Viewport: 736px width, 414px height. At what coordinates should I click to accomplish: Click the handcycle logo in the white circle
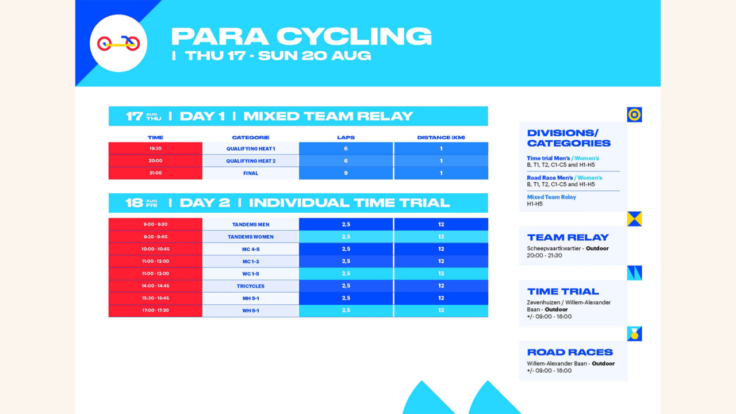pos(118,43)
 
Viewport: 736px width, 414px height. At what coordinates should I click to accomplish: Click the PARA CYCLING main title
pos(301,36)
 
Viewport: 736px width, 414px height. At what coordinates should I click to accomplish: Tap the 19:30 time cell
pos(155,148)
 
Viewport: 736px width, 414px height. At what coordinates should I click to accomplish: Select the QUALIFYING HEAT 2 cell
pos(251,161)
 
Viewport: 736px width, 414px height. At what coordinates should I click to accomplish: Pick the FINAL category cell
pos(251,173)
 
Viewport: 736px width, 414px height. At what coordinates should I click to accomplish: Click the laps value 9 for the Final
pos(346,173)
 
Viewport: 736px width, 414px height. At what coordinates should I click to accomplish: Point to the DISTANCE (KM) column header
pos(441,137)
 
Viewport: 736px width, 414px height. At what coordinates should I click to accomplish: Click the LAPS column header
pos(346,137)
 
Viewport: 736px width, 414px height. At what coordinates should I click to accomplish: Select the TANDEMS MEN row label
pos(251,224)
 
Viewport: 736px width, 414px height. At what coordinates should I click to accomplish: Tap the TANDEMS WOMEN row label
pos(251,237)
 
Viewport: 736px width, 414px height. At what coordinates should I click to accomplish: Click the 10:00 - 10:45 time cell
pos(155,249)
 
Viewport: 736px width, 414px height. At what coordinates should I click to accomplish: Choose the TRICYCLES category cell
pos(251,286)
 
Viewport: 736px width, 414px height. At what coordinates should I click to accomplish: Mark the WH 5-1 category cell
pos(251,310)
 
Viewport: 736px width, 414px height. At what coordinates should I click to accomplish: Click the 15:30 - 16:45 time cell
pos(155,298)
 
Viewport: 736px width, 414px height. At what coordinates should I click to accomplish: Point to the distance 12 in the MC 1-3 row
pos(441,261)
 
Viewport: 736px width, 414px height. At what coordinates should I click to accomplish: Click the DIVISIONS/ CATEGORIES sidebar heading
pos(569,138)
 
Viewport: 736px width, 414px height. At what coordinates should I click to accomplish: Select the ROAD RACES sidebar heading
pos(570,352)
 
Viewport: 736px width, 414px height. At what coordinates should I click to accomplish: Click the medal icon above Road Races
pos(634,333)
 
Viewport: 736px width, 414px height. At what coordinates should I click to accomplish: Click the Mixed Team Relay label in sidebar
pos(551,197)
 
